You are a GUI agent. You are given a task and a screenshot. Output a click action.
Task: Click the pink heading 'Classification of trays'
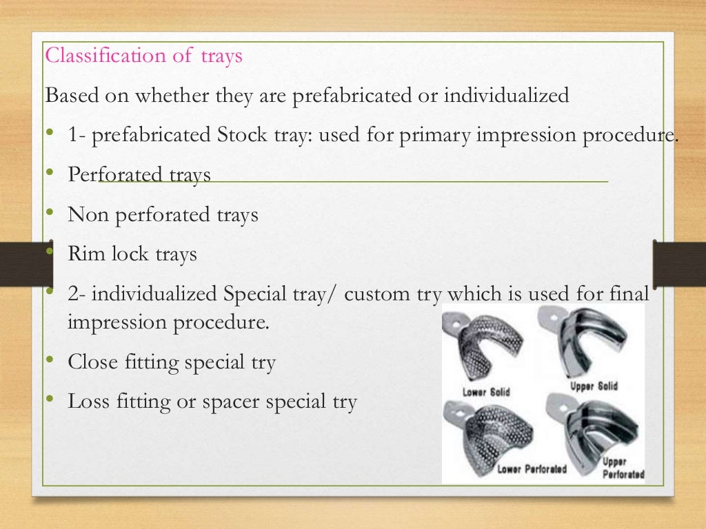[143, 56]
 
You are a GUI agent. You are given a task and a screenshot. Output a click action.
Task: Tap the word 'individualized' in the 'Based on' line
[506, 96]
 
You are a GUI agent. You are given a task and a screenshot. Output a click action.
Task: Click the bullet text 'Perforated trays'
[139, 176]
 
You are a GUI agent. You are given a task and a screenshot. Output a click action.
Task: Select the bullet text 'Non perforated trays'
[163, 215]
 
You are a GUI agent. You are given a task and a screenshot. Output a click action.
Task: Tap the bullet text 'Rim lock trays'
[132, 254]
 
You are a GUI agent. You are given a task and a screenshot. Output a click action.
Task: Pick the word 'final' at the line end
[630, 295]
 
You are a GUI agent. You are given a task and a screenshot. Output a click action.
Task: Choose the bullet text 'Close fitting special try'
[171, 362]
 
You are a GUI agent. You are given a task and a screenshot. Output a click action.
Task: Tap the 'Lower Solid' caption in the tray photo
[487, 392]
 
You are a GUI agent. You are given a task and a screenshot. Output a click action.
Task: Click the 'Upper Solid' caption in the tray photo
[594, 386]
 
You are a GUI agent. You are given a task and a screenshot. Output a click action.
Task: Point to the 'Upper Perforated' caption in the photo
[623, 468]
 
